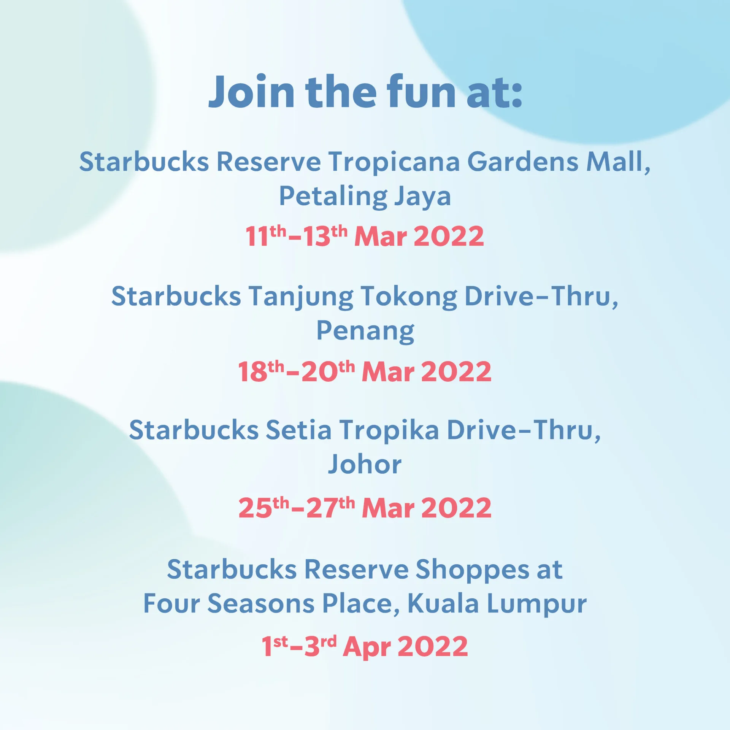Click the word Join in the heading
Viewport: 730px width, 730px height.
coord(251,92)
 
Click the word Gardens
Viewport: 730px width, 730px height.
coord(523,162)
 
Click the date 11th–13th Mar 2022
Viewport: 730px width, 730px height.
coord(365,236)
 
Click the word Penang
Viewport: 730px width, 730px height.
coord(365,332)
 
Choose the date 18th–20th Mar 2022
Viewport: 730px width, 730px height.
coord(365,371)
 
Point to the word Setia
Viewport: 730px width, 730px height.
coord(298,430)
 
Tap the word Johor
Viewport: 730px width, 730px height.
coord(365,464)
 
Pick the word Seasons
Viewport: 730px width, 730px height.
coord(261,604)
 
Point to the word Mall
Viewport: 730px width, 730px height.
coord(618,162)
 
